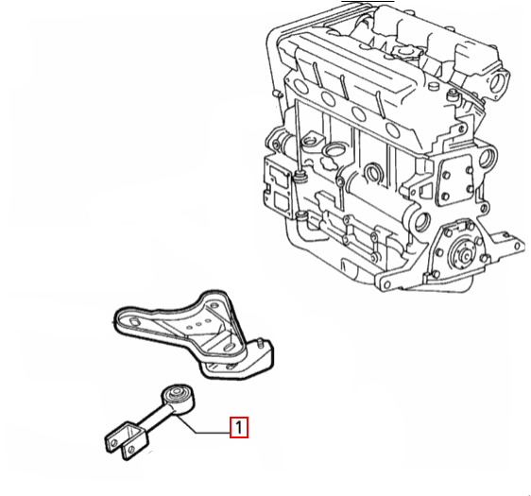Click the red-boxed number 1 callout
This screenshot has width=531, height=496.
tap(239, 427)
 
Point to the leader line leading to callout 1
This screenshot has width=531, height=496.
tap(199, 427)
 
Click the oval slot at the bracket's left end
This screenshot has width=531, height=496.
tap(134, 321)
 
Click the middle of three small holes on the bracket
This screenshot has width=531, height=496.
tap(198, 324)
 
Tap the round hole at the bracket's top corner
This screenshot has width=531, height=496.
tap(213, 306)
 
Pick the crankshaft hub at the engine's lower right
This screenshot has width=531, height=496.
tap(463, 253)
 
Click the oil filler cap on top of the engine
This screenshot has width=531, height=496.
tap(405, 52)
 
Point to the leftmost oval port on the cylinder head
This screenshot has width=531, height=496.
tap(299, 85)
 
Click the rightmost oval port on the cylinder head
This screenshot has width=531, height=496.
tap(393, 131)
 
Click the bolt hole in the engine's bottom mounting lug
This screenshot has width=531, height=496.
tap(385, 283)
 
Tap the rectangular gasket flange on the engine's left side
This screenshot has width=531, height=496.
tap(278, 189)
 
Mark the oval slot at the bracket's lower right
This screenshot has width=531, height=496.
tap(229, 348)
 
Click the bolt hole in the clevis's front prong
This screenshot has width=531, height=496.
tap(131, 450)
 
